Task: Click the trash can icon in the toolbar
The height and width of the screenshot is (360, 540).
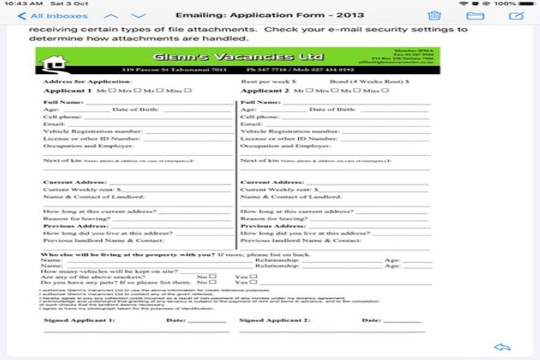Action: (435, 15)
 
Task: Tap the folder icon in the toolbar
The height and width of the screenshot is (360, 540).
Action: (475, 15)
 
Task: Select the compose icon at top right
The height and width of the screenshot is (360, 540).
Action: (517, 15)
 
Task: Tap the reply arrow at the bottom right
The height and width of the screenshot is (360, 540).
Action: (501, 347)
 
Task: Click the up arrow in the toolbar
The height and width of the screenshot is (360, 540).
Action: (110, 15)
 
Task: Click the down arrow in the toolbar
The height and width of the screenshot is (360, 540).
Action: (139, 15)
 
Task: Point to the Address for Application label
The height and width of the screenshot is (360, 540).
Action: (78, 82)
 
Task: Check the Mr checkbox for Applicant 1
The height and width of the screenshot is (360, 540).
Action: (112, 90)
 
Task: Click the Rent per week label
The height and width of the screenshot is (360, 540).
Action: (268, 82)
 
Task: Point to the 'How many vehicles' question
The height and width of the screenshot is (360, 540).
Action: (110, 271)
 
